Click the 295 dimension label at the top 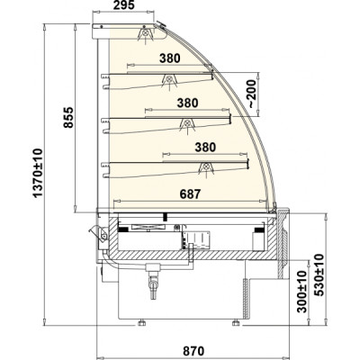coord(124,4)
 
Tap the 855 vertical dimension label coord(68,117)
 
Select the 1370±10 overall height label coord(38,173)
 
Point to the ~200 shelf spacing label coord(251,94)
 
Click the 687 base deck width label coord(190,194)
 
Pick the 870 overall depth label coord(193,351)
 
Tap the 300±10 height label coord(302,292)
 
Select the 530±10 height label coord(319,274)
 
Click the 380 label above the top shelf coord(170,58)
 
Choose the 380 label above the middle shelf coord(187,103)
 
